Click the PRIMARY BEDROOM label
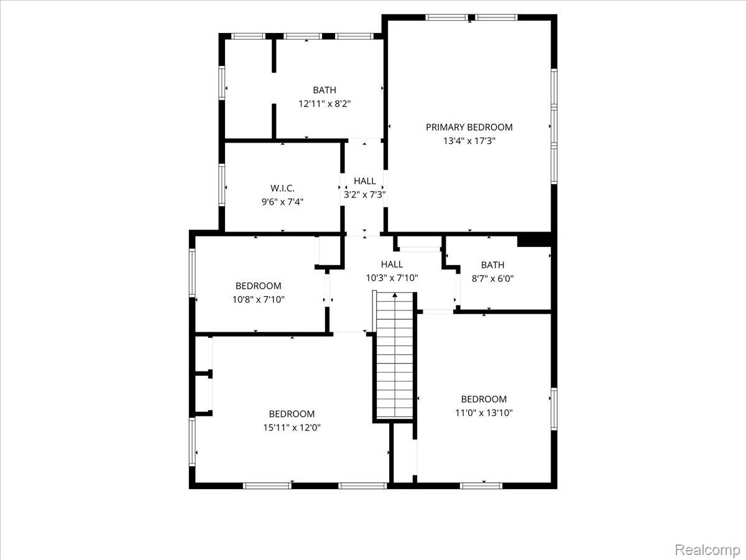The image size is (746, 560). [469, 127]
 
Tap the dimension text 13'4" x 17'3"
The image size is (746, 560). [469, 141]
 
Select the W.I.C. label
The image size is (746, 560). [282, 188]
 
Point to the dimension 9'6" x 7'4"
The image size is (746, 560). [282, 202]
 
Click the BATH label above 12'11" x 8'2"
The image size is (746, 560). [324, 90]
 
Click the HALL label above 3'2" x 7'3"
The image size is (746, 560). [364, 181]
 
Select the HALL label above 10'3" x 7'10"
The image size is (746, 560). [392, 264]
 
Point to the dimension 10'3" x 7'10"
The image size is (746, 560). [392, 278]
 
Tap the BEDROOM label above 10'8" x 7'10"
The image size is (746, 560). [258, 286]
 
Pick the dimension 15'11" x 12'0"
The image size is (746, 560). [292, 427]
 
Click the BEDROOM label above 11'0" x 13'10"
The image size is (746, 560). [483, 399]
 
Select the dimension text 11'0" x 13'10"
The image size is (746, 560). [483, 413]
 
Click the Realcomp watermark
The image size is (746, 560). [707, 550]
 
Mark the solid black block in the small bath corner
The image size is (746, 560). [534, 240]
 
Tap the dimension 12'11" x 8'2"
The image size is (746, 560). [324, 104]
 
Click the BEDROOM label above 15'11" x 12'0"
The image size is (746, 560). [292, 414]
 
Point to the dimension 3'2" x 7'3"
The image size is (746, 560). [364, 194]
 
